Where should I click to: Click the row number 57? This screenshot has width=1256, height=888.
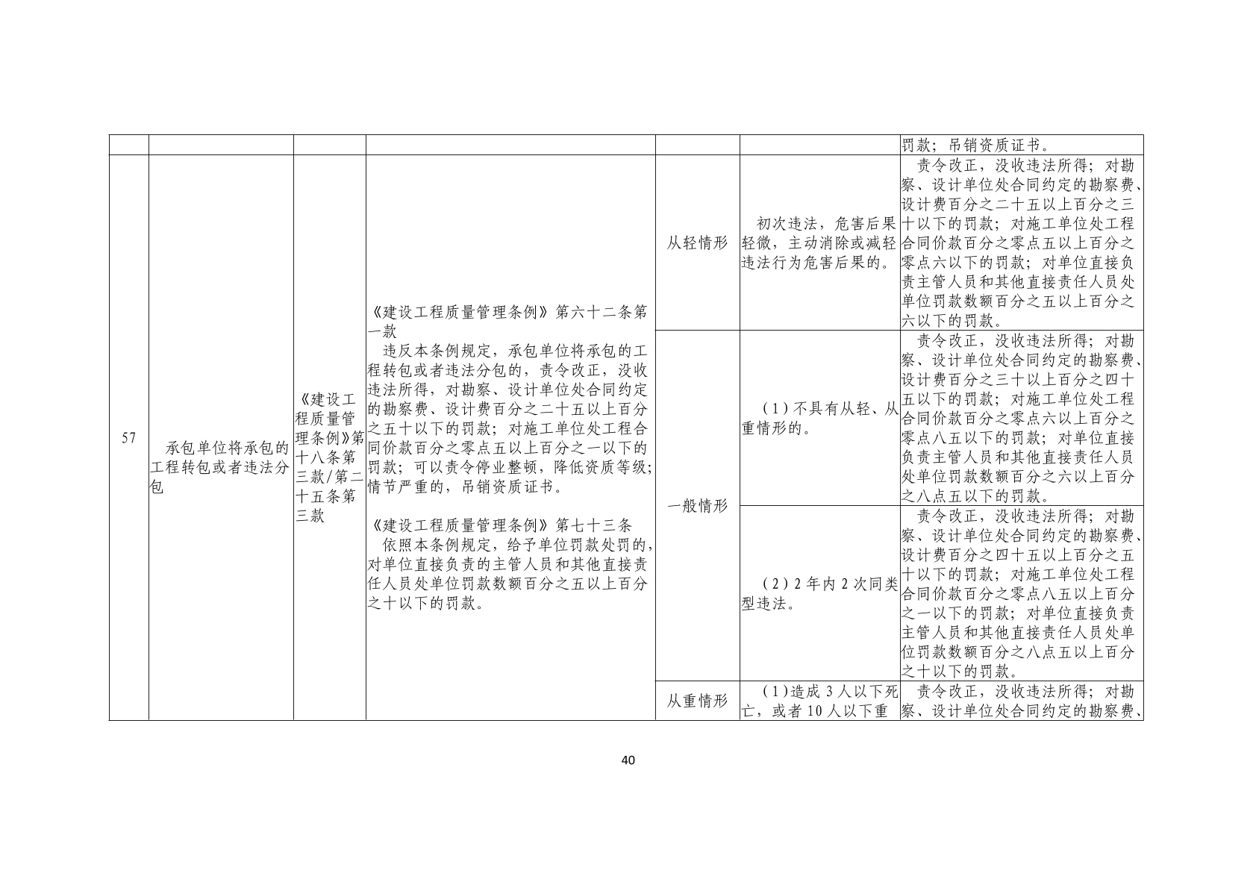pyautogui.click(x=128, y=438)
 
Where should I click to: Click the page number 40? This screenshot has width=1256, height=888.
pyautogui.click(x=628, y=760)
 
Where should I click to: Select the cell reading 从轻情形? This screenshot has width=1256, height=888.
pyautogui.click(x=697, y=243)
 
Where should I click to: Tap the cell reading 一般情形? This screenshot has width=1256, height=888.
pyautogui.click(x=697, y=505)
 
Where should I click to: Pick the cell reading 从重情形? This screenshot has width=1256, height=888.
pyautogui.click(x=697, y=701)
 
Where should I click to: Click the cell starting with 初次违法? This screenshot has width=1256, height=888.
pyautogui.click(x=819, y=243)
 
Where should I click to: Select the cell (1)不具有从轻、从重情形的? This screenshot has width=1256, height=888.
pyautogui.click(x=819, y=419)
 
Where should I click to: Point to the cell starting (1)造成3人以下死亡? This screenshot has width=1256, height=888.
pyautogui.click(x=819, y=701)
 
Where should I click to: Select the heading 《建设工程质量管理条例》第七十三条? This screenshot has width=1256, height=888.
pyautogui.click(x=501, y=525)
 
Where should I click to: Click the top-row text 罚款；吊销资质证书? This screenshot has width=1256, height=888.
pyautogui.click(x=970, y=145)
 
